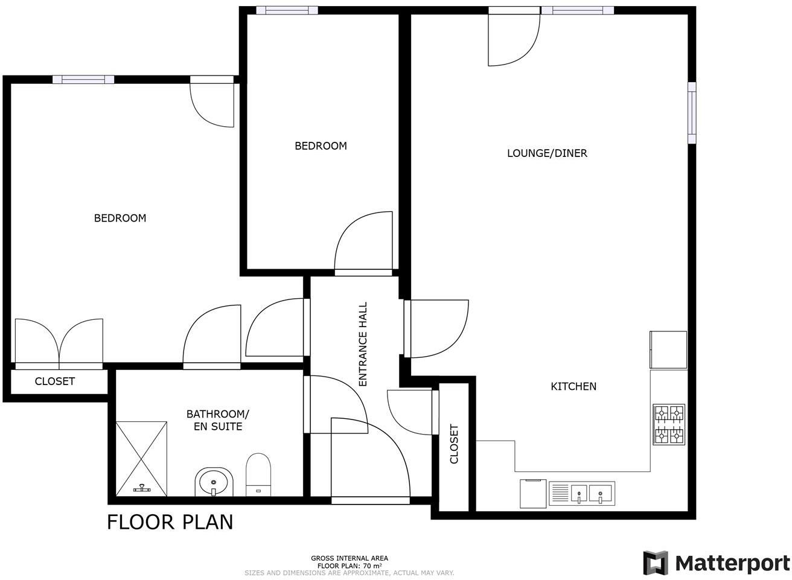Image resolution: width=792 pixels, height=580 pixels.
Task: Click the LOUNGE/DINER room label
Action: click(547, 153)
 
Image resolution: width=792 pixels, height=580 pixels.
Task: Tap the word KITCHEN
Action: click(573, 386)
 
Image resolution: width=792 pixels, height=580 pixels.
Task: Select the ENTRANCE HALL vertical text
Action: click(363, 344)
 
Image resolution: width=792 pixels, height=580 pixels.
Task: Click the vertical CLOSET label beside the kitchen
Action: click(454, 444)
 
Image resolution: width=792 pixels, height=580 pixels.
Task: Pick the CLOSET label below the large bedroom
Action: click(55, 381)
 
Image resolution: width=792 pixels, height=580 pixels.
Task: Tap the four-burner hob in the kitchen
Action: click(669, 425)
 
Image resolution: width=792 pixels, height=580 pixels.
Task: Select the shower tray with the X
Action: click(141, 458)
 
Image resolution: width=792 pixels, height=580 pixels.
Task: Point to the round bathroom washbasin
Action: click(214, 482)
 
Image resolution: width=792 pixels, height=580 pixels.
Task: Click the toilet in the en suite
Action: click(258, 473)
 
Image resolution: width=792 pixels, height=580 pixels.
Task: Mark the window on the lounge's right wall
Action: click(692, 113)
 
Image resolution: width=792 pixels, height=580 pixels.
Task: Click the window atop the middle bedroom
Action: click(287, 10)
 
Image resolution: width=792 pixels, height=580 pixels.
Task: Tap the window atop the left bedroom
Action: click(83, 79)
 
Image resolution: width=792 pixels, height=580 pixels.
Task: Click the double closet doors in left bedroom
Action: click(59, 344)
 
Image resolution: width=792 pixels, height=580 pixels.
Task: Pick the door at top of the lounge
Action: click(513, 37)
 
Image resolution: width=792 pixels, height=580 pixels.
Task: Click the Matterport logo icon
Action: click(656, 563)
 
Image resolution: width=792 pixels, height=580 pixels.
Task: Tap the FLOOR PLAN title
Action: click(170, 522)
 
